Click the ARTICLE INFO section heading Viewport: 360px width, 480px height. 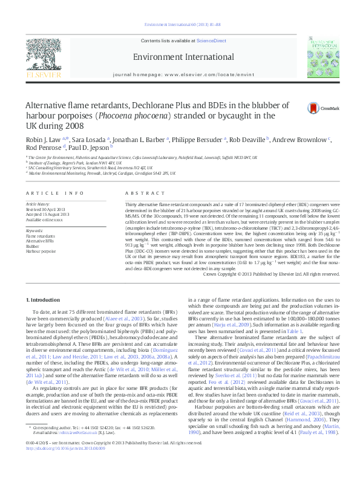[x=54, y=193]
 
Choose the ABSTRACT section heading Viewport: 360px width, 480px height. [x=136, y=193]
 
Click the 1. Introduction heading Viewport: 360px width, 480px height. [x=44, y=300]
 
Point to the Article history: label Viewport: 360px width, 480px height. [x=38, y=204]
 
